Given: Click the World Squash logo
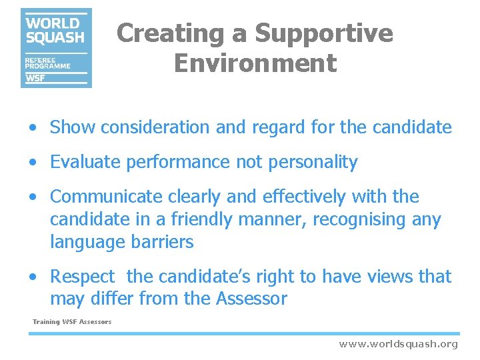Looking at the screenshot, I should coord(56,48).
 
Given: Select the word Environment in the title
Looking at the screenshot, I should coord(255,64).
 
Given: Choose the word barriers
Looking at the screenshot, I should coord(164,242).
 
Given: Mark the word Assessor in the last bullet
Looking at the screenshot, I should coord(251,299).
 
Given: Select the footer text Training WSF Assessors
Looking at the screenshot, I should coord(72,322).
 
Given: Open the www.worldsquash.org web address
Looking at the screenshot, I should coord(398,344).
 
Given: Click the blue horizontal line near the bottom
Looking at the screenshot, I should coord(243,333).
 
